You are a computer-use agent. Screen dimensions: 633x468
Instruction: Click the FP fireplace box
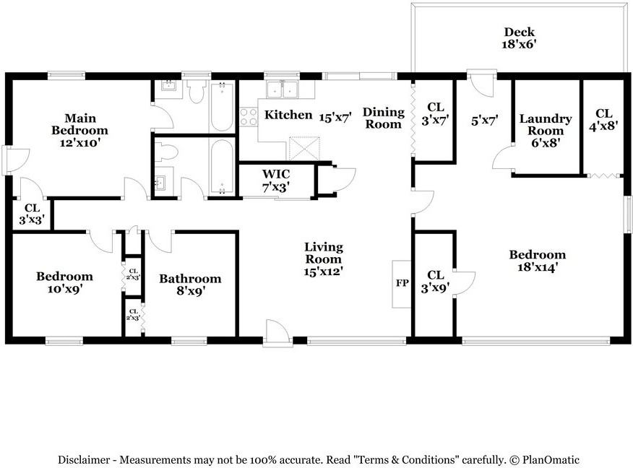coord(402,284)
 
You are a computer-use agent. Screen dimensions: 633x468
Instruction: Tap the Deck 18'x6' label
coord(519,38)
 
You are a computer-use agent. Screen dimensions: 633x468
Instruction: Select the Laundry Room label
coord(546,125)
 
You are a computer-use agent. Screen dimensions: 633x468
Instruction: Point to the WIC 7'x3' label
coord(276,181)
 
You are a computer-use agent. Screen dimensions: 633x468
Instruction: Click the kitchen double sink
coord(282,89)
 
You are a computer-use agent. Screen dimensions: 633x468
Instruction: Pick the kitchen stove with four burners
coord(249,117)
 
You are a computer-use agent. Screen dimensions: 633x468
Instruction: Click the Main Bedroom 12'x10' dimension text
coord(80,143)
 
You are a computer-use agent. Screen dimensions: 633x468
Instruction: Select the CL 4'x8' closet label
coord(604,120)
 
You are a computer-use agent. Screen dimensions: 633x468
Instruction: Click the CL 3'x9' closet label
coord(436,281)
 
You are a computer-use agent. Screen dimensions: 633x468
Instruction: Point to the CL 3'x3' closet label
coord(32,214)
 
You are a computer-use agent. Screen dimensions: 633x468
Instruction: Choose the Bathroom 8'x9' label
coord(190,285)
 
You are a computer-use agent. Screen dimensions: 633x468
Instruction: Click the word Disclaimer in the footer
coord(84,459)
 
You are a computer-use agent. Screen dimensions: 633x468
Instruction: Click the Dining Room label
coord(384,118)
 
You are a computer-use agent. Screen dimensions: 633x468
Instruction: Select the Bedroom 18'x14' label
coord(538,261)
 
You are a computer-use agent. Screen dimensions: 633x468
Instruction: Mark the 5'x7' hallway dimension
coord(484,120)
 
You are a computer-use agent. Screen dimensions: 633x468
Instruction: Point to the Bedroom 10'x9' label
coord(64,282)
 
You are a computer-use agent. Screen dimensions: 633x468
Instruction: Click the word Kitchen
coord(288,115)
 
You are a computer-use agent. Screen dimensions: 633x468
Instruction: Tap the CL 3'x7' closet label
coord(436,113)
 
